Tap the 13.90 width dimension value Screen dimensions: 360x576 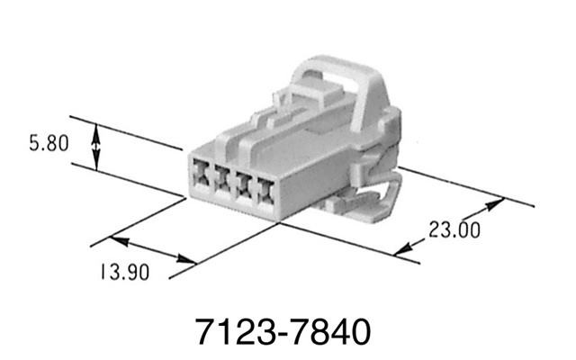(x=121, y=272)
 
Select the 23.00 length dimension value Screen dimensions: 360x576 (x=454, y=229)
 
